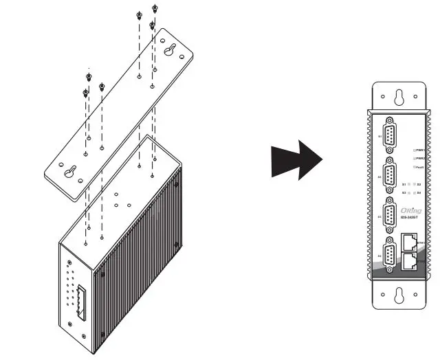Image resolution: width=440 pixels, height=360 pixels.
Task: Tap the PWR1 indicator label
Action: (x=417, y=148)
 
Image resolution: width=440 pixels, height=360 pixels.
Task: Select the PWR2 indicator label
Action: (x=417, y=158)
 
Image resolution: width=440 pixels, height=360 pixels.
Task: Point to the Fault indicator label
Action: (x=417, y=168)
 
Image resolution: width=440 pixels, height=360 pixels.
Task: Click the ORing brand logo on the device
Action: (x=412, y=212)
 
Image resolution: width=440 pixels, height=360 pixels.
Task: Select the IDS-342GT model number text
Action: (x=412, y=218)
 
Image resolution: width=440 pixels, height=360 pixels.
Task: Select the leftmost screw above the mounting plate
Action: (x=85, y=91)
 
